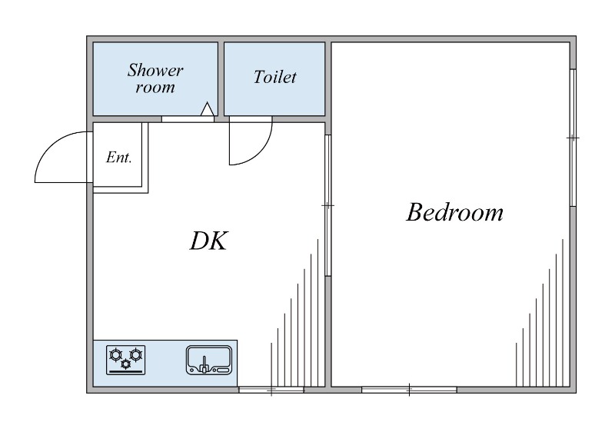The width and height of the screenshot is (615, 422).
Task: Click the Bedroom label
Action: pos(454,212)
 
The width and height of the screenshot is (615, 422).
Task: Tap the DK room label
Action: pos(208,241)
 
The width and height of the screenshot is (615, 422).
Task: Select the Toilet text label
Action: pos(274,77)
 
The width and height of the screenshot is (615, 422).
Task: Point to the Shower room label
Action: pos(155,78)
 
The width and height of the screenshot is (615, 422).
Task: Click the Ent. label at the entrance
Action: pos(119,158)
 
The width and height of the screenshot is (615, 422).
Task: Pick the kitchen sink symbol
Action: pos(209,360)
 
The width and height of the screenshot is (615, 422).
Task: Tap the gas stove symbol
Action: pos(125,360)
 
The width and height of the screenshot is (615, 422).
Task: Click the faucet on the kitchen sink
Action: pos(204,365)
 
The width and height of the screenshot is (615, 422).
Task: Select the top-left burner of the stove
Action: pos(115,355)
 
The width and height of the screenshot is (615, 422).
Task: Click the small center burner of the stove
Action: pos(125,364)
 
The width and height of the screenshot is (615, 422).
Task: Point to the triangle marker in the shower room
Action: pos(207,109)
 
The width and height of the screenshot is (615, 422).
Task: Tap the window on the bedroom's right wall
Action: pos(573,138)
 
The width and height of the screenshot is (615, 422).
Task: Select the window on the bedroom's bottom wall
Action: pos(409,390)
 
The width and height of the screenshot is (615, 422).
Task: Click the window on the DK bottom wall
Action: pos(271,390)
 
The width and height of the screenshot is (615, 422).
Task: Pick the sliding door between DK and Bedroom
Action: pos(328,205)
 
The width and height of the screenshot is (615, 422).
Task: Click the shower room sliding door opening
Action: pos(188,119)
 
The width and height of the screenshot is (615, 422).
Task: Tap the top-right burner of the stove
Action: pos(136,355)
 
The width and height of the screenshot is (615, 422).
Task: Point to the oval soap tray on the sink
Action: pos(222,370)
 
